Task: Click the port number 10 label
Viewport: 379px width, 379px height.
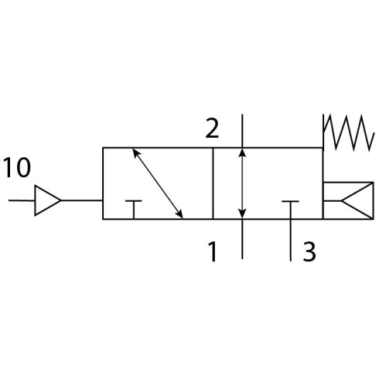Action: coord(17,168)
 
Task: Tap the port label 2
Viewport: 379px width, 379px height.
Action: coord(212,128)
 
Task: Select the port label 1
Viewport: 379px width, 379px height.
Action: coord(212,251)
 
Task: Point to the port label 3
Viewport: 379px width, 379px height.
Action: coord(309,251)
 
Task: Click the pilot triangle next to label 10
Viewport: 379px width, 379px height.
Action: coord(47,200)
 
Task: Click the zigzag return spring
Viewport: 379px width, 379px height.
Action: coord(348,132)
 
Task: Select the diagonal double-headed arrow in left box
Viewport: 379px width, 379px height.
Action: coord(158,183)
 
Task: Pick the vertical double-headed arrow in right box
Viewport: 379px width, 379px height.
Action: coord(242,183)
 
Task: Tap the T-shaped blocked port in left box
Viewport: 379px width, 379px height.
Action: coord(134,210)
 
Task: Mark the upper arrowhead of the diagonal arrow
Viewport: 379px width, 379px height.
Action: coord(135,153)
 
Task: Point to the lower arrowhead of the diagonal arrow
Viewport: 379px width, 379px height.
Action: coord(180,213)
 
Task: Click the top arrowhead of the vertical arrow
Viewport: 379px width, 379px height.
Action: coord(242,152)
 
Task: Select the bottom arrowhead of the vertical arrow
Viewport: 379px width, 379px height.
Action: coord(242,213)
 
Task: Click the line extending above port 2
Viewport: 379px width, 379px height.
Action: coord(242,131)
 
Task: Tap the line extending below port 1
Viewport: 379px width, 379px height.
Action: coord(242,239)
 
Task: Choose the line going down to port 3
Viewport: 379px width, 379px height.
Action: coord(291,241)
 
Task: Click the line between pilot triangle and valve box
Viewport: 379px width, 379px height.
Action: coord(82,200)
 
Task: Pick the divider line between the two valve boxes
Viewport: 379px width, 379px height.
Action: coord(213,183)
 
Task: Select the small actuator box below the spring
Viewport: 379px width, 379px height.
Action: coord(348,200)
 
